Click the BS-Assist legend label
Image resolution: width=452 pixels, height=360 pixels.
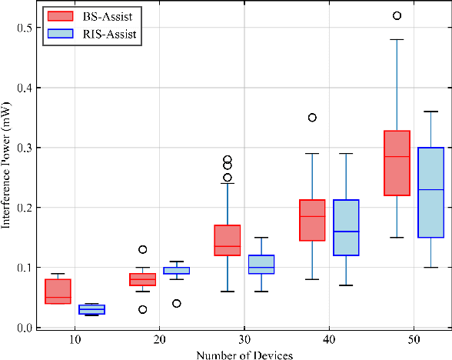pos(105,15)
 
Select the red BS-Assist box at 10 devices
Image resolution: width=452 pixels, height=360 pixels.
pos(58,292)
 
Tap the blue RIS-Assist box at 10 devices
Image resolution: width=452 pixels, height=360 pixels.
pos(92,309)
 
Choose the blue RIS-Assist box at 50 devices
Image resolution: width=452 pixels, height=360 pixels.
pos(430,192)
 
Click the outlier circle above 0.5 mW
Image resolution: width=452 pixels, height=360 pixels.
pos(397,15)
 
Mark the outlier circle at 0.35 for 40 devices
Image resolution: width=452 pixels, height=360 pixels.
pos(312,118)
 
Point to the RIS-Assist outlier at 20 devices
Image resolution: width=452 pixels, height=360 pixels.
pos(177,303)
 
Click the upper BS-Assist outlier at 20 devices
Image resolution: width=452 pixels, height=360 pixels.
pos(143,249)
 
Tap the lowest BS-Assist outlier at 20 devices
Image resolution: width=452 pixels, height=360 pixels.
pos(143,309)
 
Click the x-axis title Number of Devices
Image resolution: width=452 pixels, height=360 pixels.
pos(244,354)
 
